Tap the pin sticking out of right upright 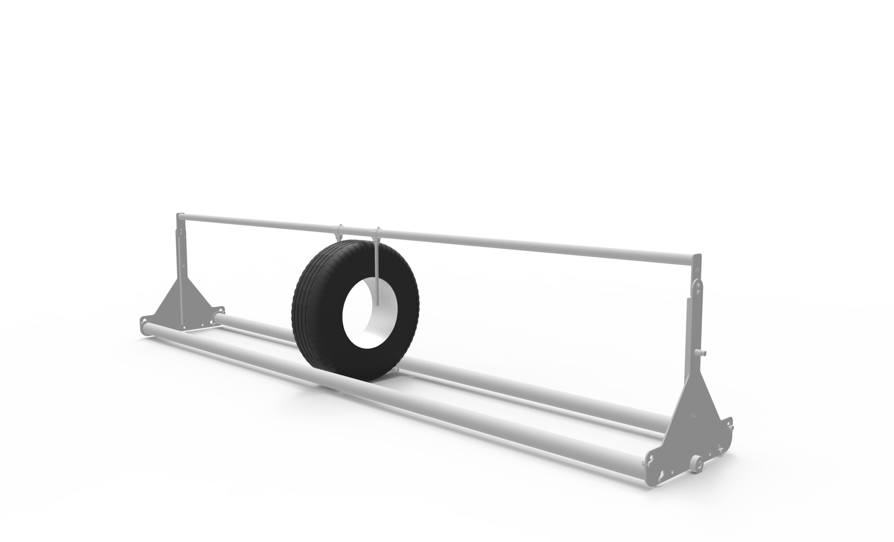point(704,353)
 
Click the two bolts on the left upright point(181,233)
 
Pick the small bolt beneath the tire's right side point(396,369)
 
